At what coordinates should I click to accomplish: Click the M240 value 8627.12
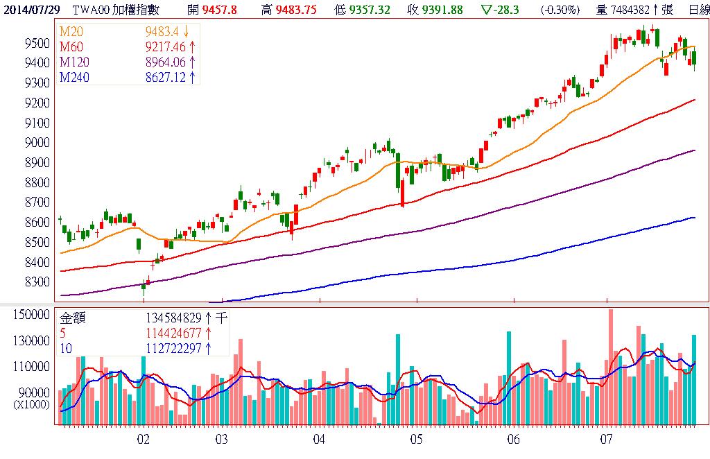166,77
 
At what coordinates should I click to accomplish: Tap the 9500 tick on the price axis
37,43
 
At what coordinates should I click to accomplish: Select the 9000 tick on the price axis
37,143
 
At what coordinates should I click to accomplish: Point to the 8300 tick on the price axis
37,283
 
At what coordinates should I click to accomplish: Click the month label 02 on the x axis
144,440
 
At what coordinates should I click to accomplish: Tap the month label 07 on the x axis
607,440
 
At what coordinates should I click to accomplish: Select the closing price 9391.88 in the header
441,9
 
